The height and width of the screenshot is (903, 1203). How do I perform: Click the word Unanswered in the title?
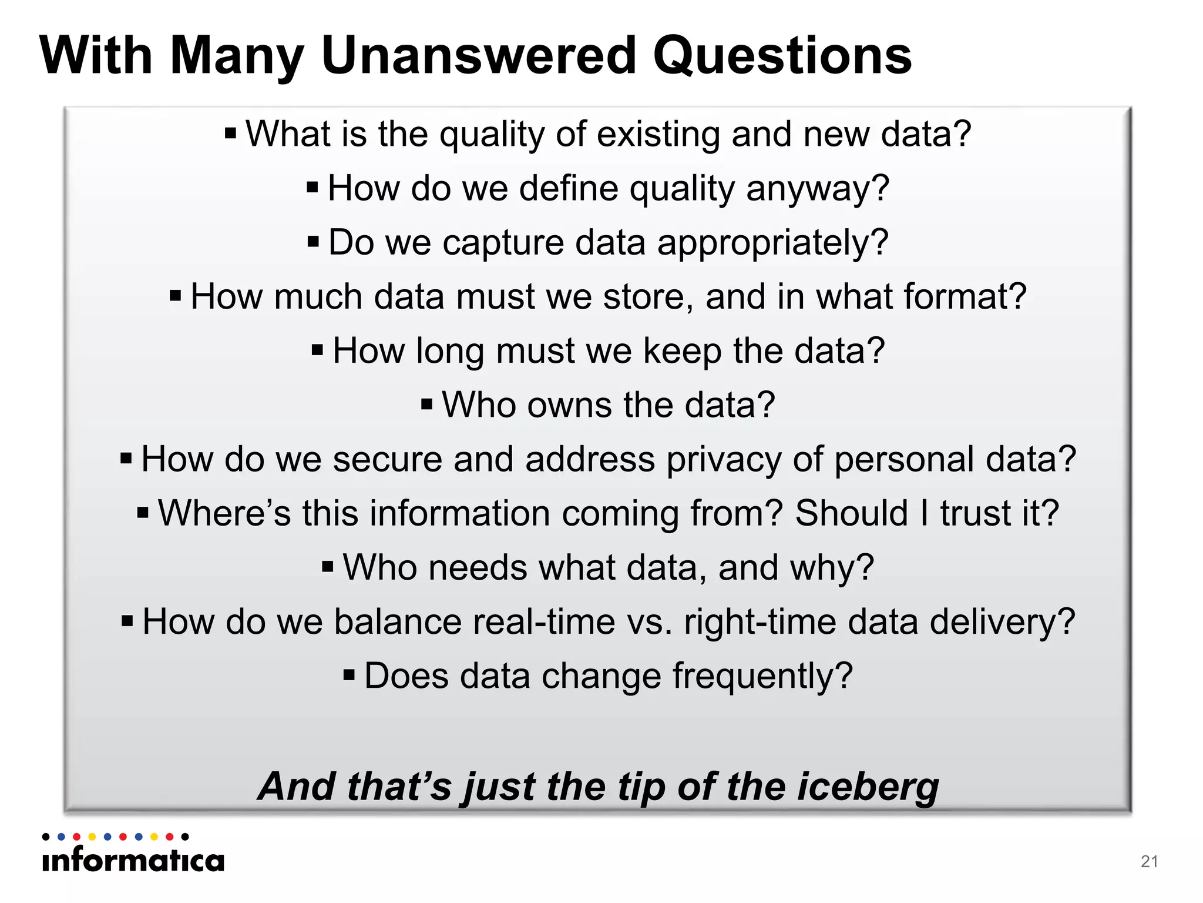pyautogui.click(x=479, y=55)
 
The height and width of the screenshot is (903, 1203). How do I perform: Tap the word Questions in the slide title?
pyautogui.click(x=782, y=55)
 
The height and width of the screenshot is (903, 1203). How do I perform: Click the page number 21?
pyautogui.click(x=1149, y=861)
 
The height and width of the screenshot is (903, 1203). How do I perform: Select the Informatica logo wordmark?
pyautogui.click(x=133, y=861)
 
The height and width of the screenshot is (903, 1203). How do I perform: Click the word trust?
pyautogui.click(x=975, y=513)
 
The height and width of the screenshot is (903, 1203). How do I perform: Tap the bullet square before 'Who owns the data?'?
pyautogui.click(x=427, y=404)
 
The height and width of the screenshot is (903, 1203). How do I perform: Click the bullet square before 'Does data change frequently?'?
pyautogui.click(x=350, y=675)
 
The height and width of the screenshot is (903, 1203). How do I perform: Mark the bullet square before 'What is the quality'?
pyautogui.click(x=231, y=133)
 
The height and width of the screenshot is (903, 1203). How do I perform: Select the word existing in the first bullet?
pyautogui.click(x=658, y=135)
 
